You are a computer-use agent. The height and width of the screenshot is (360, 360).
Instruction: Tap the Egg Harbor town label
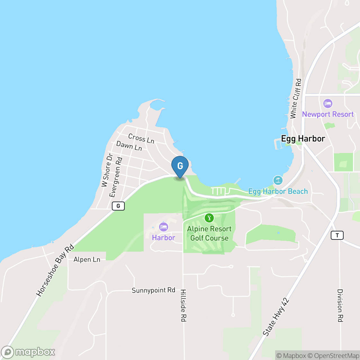tap(303, 139)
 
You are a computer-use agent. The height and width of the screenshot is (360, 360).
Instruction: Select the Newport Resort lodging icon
tap(328, 104)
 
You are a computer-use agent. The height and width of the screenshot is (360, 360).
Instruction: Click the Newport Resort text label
tap(328, 114)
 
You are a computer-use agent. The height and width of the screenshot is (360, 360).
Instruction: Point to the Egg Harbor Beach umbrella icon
tap(278, 180)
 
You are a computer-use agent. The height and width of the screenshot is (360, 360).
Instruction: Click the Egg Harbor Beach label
tap(278, 191)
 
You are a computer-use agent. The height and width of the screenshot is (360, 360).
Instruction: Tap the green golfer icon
tap(209, 218)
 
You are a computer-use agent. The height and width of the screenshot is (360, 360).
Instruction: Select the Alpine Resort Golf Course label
tap(209, 233)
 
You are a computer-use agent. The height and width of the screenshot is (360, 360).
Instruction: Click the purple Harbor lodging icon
tap(164, 227)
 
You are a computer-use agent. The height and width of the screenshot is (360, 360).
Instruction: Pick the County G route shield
tap(118, 206)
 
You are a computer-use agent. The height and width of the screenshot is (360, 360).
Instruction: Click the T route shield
tap(337, 235)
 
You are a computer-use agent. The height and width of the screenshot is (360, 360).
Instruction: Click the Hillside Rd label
tap(183, 305)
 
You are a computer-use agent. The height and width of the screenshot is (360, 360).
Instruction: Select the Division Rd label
tap(340, 305)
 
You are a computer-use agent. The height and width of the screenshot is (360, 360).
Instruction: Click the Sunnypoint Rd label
tap(153, 290)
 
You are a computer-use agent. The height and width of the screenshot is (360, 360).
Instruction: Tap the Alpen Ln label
tap(87, 259)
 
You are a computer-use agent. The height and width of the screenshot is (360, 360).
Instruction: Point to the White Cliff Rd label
tap(296, 98)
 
